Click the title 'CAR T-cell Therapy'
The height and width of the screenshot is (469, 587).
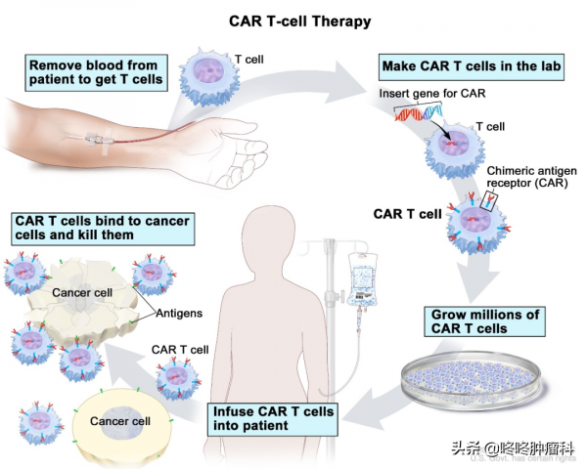(x=294, y=20)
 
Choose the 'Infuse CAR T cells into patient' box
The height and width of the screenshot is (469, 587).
(x=274, y=418)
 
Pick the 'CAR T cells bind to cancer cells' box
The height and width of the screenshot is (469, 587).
(x=103, y=229)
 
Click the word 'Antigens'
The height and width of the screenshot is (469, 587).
(x=182, y=314)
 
